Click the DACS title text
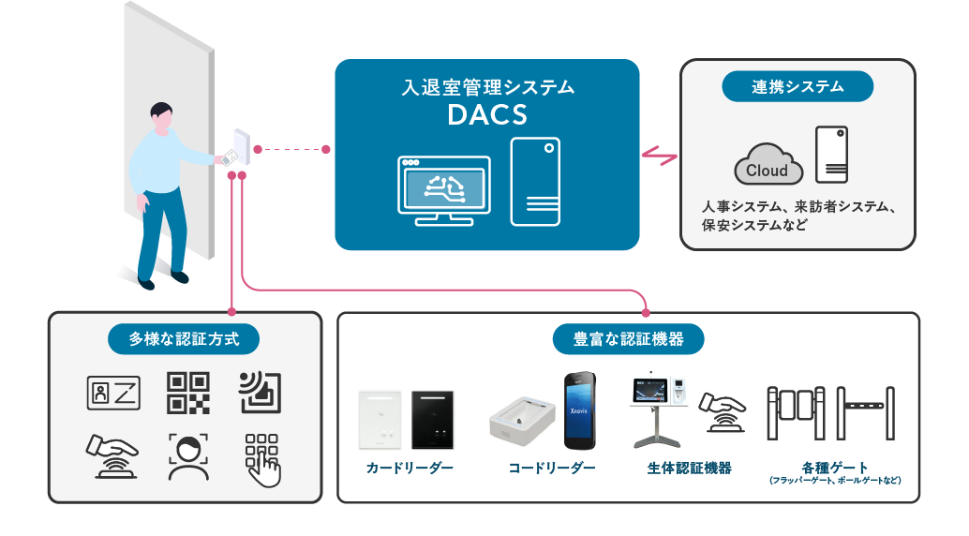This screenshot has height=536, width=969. [487, 116]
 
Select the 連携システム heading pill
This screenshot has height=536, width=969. [798, 87]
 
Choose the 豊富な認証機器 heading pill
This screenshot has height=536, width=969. [628, 338]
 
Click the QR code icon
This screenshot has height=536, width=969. [188, 393]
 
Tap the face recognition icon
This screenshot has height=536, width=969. [188, 456]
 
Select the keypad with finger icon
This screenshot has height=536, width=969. [261, 458]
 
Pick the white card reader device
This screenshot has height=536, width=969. [380, 419]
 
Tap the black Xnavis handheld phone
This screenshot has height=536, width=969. [580, 411]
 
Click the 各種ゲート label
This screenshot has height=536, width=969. [835, 468]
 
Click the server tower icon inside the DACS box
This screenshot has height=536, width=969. [535, 181]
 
